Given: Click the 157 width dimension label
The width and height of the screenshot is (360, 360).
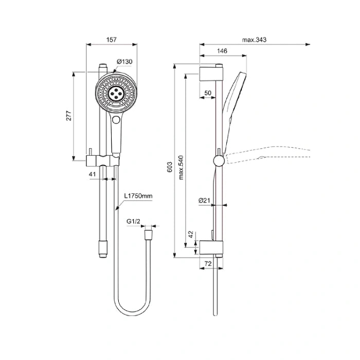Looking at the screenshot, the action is pos(112,40).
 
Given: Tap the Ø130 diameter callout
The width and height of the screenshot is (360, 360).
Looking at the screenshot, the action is pos(124,62).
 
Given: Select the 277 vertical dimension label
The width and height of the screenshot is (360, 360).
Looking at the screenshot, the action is pos(69,116).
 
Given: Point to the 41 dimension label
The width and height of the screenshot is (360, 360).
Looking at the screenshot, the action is pos(92,174).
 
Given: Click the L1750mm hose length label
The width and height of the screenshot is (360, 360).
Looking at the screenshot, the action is pos(138,196).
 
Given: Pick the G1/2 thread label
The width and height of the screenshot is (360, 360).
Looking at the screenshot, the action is pos(133,221).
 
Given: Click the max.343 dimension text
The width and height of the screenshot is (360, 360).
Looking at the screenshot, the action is pos(255,40).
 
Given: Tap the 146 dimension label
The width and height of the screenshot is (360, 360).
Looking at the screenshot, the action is pos(222,51).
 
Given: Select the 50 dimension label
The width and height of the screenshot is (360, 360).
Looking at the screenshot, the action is pos(208,93).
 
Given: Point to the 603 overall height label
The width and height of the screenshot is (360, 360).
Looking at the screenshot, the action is pos(169,167).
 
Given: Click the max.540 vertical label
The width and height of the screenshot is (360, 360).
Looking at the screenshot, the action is pos(181,167).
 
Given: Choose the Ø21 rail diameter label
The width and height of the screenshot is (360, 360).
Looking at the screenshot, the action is pos(204,201).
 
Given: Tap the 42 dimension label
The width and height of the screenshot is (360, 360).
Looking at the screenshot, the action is pos(191,235).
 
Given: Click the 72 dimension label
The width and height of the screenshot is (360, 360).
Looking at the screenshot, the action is pos(208,264).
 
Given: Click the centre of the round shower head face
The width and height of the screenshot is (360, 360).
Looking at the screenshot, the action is pos(116,93).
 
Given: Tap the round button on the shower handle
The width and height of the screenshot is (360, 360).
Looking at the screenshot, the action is pos(116,120).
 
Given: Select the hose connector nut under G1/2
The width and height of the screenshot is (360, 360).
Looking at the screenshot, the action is pos(148,234).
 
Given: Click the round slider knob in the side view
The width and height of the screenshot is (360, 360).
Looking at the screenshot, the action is pos(219,160).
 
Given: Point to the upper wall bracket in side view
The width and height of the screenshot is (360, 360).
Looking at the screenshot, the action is pos(211,74).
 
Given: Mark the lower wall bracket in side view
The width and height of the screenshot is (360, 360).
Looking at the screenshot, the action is pos(211,248).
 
